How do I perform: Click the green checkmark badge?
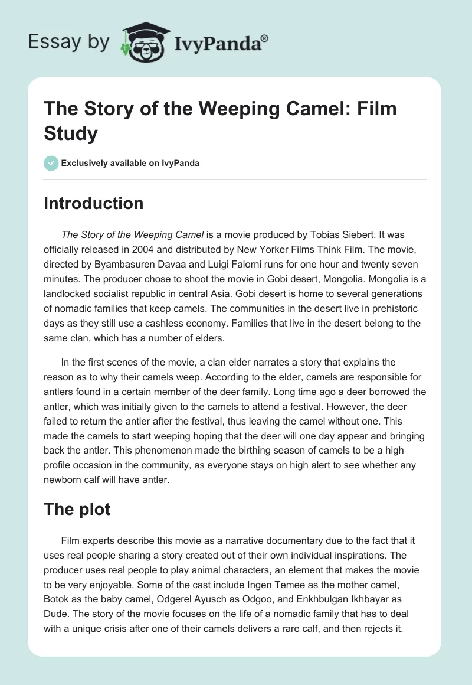pos(51,163)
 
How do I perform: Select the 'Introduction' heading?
pos(94,203)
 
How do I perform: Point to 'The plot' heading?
pos(77,508)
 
